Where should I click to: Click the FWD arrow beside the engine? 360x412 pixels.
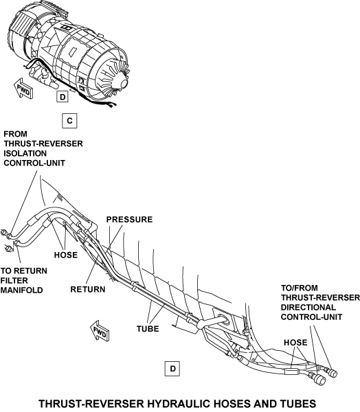coord(23,89)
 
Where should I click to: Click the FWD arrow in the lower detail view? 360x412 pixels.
coord(100,331)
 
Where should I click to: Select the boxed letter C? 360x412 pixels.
coord(69,121)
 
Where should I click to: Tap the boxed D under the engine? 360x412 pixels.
coord(63,97)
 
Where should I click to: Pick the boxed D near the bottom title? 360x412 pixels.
coord(172,369)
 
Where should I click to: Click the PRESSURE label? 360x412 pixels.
coord(129,220)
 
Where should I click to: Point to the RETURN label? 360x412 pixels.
coord(88,289)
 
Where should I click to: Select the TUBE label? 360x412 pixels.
coord(148,329)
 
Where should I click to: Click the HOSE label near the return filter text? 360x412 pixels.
coord(66,255)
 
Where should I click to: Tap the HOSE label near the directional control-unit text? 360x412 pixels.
coord(295,343)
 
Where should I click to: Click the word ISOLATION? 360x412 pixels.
coord(25,153)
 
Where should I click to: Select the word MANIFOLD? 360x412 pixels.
coord(21,290)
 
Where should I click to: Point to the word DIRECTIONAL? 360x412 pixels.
coord(308,307)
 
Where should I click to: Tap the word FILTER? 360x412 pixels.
coord(14,280)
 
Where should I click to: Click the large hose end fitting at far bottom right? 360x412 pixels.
coord(320,380)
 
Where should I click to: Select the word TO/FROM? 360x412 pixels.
coord(300,288)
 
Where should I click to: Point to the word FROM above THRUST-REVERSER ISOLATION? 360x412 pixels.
coord(16,134)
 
